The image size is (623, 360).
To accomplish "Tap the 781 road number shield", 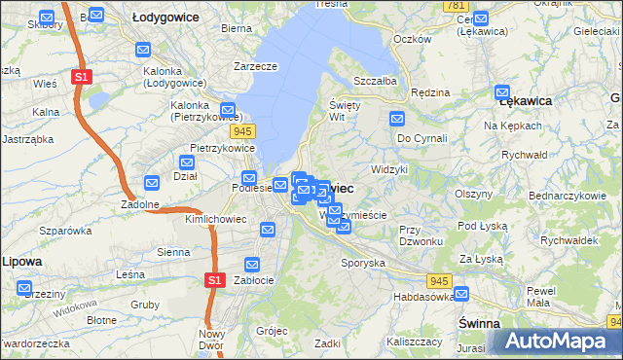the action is click(455, 6).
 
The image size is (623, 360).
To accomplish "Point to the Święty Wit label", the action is click(346, 110).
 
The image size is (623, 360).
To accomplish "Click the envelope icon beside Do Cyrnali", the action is click(397, 119).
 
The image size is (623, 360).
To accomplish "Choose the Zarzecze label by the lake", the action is click(256, 66).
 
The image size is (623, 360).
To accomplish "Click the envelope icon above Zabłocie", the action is click(253, 264).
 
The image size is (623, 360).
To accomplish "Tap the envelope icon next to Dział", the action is click(189, 162).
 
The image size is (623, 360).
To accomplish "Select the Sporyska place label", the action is click(363, 262).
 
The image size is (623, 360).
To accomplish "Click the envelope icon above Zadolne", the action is click(152, 182).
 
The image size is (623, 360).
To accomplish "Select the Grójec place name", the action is click(272, 330).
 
